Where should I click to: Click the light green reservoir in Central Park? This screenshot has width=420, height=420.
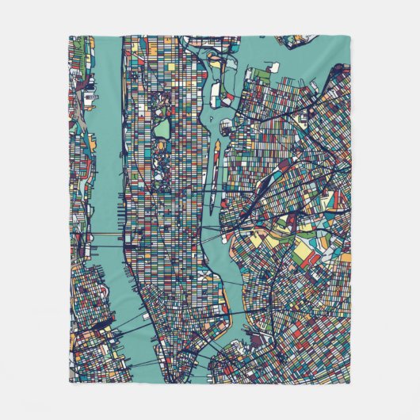point(162,128)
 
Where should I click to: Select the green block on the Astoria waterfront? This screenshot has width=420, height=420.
point(261,74)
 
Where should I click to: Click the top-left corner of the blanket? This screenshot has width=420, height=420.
point(70,36)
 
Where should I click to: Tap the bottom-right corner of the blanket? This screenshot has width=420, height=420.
point(349,383)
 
